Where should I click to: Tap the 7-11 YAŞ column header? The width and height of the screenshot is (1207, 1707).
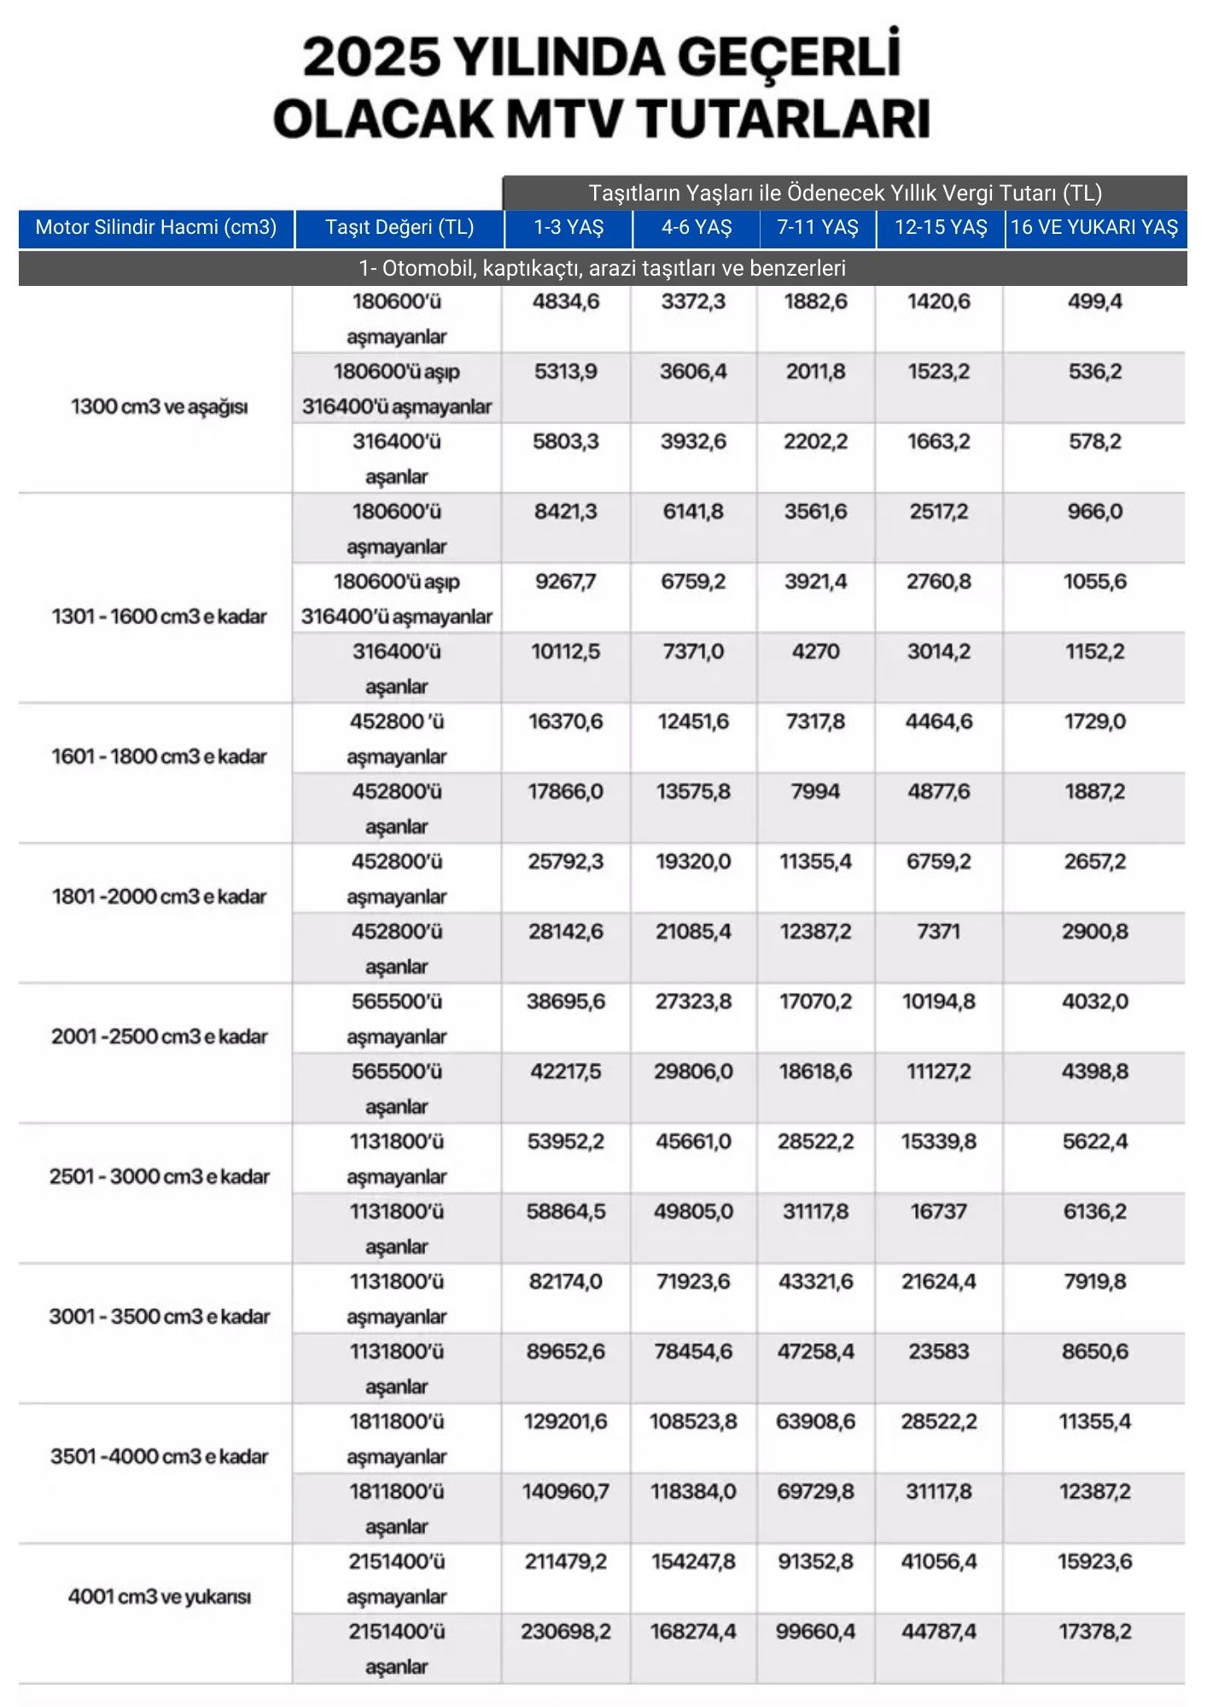[816, 228]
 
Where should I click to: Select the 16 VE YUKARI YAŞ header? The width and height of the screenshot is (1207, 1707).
[1094, 228]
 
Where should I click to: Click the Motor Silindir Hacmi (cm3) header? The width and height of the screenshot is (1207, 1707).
[156, 228]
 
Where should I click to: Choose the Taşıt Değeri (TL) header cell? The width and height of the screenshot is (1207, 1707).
[399, 228]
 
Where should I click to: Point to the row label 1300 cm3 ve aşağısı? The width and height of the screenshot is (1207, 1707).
[160, 406]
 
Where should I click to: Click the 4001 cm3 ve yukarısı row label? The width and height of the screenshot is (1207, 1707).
[160, 1596]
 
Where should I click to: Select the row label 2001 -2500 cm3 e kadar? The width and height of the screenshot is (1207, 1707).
[160, 1036]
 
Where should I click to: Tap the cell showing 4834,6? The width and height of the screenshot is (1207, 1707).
[566, 301]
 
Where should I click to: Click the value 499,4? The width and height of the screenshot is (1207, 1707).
[1094, 301]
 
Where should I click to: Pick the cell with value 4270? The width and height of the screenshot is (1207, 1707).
[815, 651]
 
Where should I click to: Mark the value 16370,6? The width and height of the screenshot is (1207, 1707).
[565, 721]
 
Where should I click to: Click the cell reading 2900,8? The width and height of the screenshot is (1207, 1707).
[1094, 931]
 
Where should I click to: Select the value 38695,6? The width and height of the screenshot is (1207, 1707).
[565, 1001]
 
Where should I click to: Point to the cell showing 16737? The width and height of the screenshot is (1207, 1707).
[938, 1211]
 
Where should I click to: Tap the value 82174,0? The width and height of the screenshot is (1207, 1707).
[565, 1281]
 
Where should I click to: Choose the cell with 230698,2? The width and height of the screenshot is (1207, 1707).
[565, 1631]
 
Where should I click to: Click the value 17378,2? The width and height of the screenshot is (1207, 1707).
[1094, 1631]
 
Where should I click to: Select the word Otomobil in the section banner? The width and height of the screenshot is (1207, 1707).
[419, 269]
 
